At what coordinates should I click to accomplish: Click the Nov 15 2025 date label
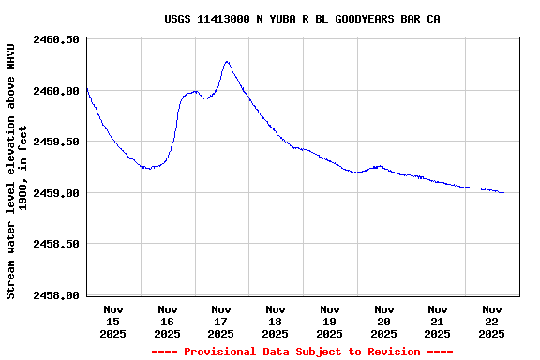point(113,321)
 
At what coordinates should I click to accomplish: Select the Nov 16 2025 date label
point(168,321)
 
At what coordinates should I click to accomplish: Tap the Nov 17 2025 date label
point(221,321)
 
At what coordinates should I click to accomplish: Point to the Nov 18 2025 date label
point(276,321)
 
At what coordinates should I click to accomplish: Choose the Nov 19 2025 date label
point(329,321)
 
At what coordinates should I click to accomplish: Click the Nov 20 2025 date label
point(383,321)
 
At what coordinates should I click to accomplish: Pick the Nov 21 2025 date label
point(437,321)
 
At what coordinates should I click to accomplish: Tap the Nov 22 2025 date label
point(491,321)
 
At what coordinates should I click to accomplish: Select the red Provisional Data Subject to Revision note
point(302,352)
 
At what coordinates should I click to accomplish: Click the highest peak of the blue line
point(227,62)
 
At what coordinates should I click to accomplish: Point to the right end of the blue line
point(503,192)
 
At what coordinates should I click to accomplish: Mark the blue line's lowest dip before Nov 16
point(147,169)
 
